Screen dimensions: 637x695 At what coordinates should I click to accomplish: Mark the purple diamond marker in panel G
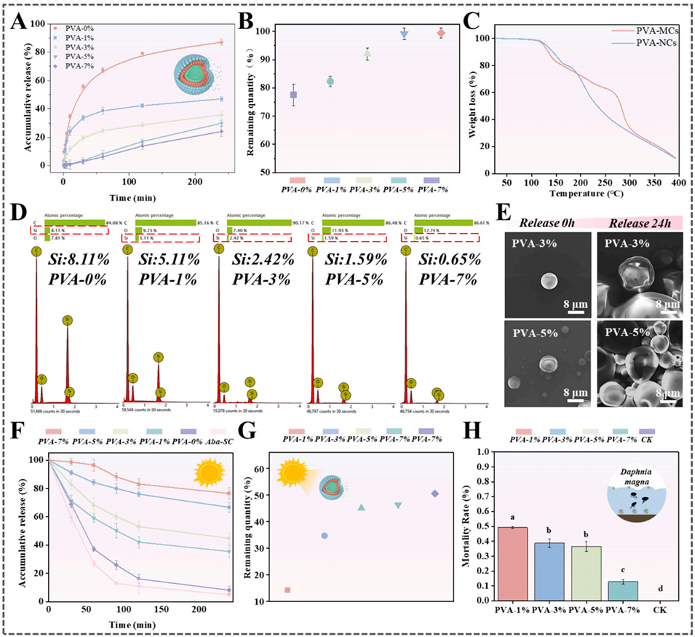click(x=435, y=494)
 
